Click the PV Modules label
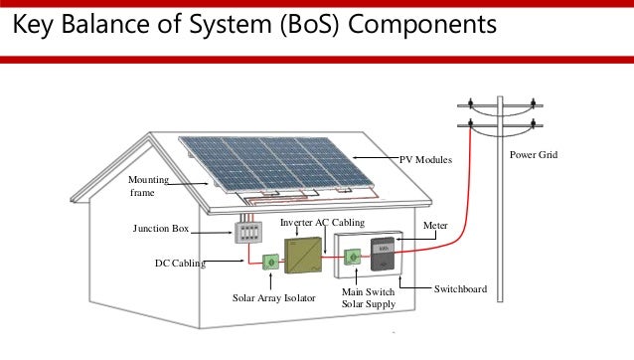[x=425, y=159]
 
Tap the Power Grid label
[x=534, y=156]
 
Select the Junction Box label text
[x=161, y=229]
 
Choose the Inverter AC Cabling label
[x=323, y=222]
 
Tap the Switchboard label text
[x=460, y=288]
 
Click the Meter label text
[x=435, y=227]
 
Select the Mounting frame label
[x=148, y=186]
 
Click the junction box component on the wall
[x=248, y=232]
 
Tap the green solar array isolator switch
[x=268, y=263]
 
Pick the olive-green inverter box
[x=304, y=256]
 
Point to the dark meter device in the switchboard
[x=384, y=256]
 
